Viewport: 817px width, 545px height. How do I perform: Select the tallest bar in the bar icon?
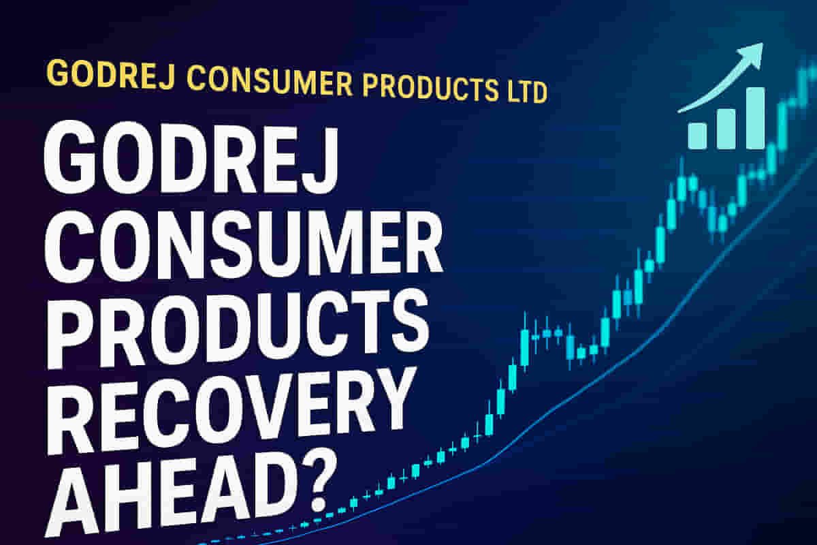[755, 117]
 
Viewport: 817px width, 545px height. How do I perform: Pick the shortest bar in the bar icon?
[697, 135]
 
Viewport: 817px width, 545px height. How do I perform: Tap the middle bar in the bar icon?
[726, 127]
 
